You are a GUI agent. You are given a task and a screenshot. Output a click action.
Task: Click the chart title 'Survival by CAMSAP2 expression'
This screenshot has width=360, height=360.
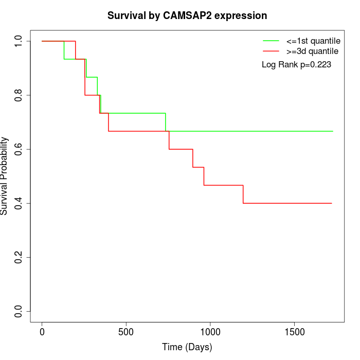coord(187,15)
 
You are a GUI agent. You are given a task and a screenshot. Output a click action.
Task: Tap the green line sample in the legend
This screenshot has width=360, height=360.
coord(271,40)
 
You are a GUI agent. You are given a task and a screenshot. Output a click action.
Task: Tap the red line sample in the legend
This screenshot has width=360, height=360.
coord(271,51)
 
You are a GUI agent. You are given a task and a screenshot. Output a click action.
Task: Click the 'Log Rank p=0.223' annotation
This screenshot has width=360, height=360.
coord(296,65)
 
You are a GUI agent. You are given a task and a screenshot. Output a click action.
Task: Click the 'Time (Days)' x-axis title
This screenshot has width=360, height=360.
coord(187,347)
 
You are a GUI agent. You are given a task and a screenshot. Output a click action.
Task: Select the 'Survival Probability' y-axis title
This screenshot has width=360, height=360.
coord(5,176)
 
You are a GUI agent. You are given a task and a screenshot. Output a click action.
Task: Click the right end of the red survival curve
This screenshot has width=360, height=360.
coord(332,203)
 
